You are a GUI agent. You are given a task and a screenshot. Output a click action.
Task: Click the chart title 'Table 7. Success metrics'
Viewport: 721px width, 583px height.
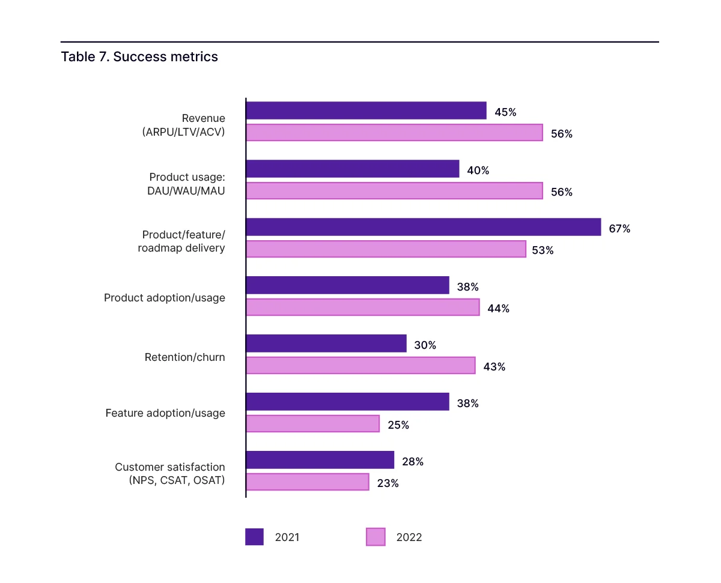[x=139, y=57]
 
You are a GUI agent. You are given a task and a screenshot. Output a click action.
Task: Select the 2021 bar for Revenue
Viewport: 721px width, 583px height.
[x=366, y=110]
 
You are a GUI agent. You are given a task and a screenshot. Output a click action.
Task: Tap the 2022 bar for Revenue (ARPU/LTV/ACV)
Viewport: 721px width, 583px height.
[x=394, y=133]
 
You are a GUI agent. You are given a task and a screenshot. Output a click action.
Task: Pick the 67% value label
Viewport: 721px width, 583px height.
[x=619, y=229]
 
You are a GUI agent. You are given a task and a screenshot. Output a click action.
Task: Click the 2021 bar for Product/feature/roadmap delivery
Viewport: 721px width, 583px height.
[x=423, y=227]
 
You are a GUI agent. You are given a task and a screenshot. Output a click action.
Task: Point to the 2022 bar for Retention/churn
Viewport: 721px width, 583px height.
[x=360, y=366]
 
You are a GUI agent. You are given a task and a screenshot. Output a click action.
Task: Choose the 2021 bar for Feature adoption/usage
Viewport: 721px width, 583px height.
[x=347, y=402]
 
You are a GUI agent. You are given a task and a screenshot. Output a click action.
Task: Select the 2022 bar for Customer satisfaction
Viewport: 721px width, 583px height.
[x=307, y=482]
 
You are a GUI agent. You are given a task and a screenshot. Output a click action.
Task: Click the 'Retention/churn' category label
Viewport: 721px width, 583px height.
[x=185, y=357]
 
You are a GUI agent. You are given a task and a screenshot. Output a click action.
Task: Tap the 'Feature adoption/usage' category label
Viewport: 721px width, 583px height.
[x=165, y=413]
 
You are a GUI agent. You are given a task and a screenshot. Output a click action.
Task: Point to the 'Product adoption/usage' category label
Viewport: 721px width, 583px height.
[x=165, y=298]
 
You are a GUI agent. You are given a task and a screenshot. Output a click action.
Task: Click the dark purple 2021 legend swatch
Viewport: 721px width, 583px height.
[x=254, y=537]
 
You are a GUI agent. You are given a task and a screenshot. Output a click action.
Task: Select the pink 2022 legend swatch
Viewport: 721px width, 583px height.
[x=376, y=537]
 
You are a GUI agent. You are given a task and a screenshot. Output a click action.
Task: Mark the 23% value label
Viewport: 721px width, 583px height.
[x=388, y=483]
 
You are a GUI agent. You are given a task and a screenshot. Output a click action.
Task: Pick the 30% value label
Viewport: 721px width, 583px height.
[x=425, y=345]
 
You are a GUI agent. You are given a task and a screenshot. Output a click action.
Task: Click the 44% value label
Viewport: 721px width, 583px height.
[x=498, y=309]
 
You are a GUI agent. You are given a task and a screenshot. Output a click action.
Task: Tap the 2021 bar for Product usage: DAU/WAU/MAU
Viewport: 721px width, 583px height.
[x=352, y=169]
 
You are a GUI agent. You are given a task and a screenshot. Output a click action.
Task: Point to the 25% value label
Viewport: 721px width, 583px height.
[x=398, y=425]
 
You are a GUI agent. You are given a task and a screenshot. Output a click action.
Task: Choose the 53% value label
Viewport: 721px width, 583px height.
[x=543, y=250]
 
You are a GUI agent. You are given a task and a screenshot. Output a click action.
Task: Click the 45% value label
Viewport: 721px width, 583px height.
[x=505, y=112]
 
